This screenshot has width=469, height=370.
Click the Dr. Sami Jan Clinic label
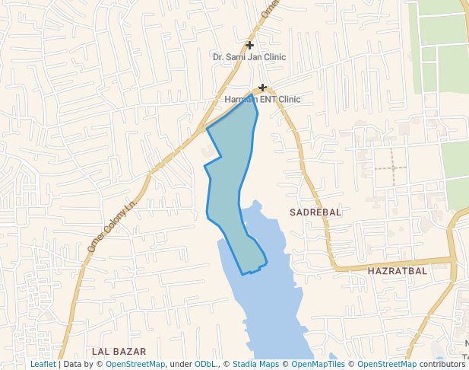[x=249, y=57]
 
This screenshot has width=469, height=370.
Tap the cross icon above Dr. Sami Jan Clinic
[x=249, y=46]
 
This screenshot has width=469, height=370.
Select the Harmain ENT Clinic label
[x=263, y=100]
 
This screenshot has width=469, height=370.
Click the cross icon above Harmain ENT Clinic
[x=263, y=88]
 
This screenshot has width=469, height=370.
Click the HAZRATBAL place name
[x=397, y=271]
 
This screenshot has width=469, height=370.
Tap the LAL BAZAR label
[x=116, y=351]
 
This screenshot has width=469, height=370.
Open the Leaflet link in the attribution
[x=43, y=365]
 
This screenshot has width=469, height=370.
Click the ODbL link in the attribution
[x=206, y=365]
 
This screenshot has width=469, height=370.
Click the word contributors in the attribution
[x=442, y=365]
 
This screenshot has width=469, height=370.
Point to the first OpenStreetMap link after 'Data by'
[x=135, y=365]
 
